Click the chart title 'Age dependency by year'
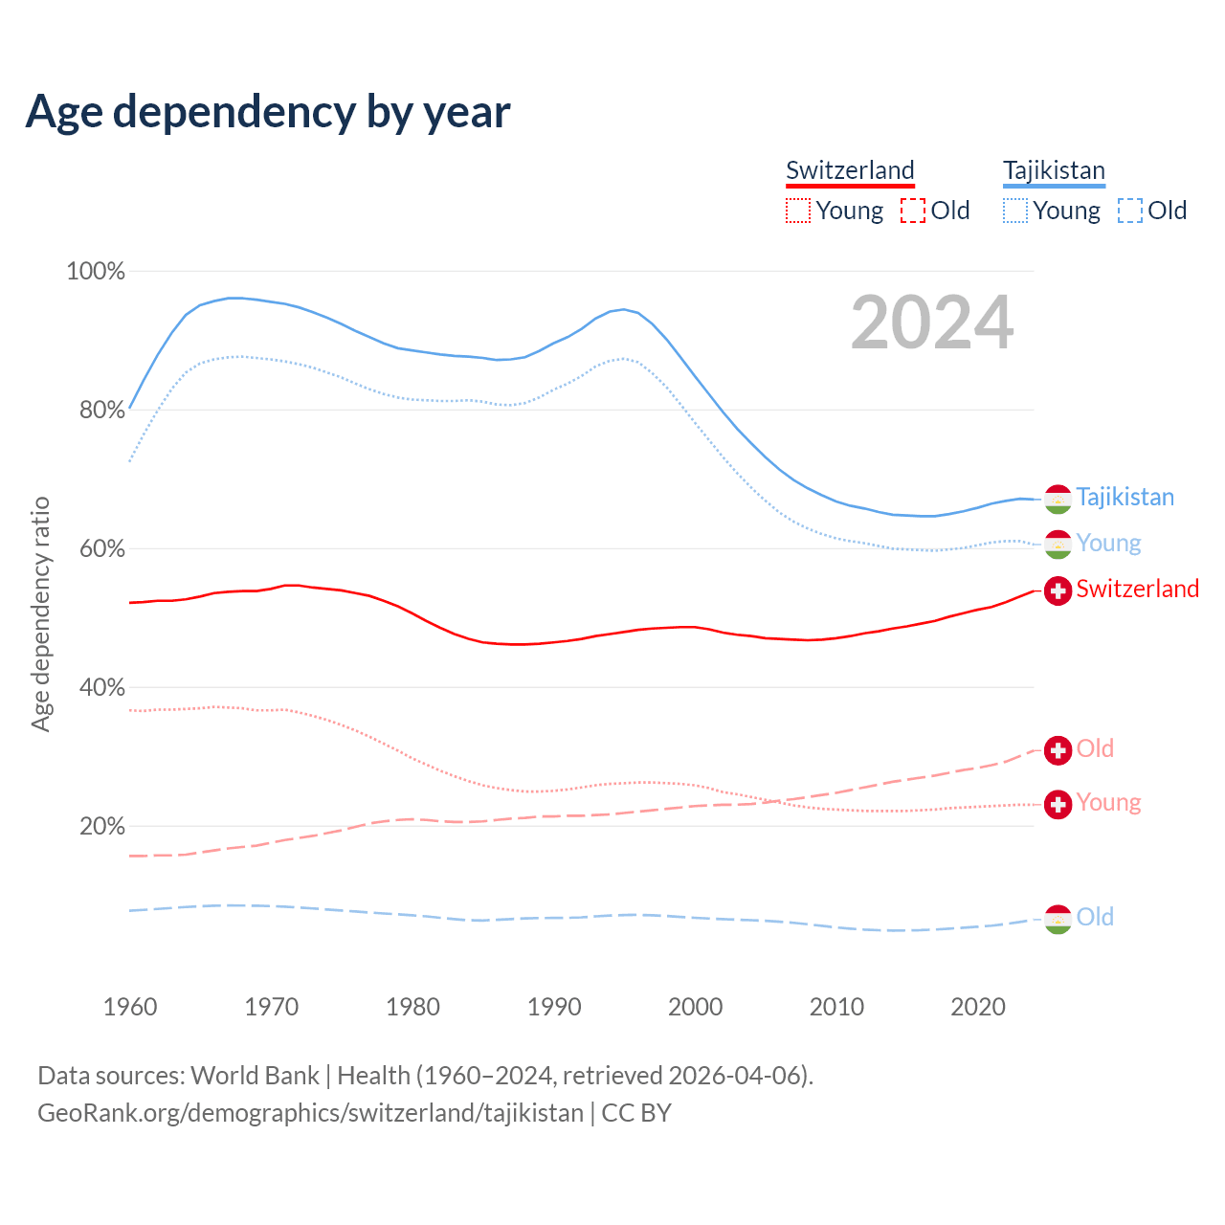point(268,111)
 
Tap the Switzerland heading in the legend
point(850,170)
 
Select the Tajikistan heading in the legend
point(1054,170)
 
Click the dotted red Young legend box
point(798,211)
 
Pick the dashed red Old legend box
point(913,211)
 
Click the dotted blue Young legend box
point(1015,211)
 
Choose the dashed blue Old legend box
point(1130,211)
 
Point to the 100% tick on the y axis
point(96,272)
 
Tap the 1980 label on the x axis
point(412,1007)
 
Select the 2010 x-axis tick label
point(836,1007)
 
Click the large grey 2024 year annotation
point(932,323)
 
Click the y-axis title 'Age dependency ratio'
point(40,613)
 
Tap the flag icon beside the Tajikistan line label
point(1058,498)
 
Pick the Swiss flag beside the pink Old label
point(1058,750)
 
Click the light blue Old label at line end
point(1095,917)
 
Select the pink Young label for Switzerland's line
point(1108,802)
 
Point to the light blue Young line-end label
point(1108,543)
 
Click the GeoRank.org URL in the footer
point(310,1113)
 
